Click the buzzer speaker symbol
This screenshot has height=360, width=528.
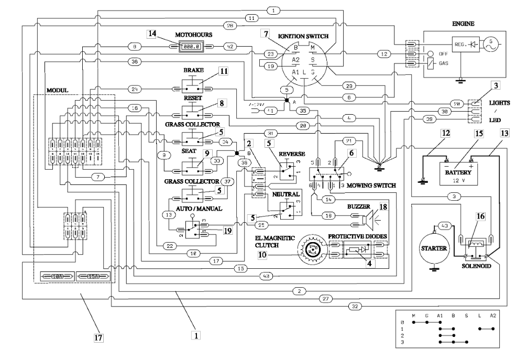[375, 220]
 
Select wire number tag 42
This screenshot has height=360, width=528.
[230, 46]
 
